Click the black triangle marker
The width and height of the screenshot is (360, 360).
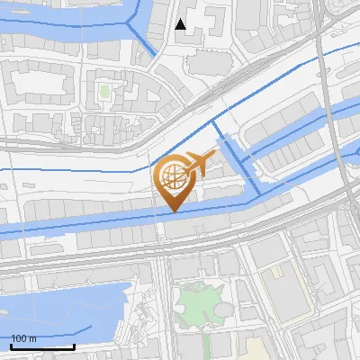point(181,24)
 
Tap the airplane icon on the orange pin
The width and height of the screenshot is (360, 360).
point(200,163)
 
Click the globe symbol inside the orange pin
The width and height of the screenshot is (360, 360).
point(173,175)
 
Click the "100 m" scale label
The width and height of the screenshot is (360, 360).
point(24,338)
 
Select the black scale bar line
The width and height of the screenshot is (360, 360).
point(42,347)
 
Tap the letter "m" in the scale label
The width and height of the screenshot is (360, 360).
point(33,338)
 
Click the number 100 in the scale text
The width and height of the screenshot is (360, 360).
point(19,338)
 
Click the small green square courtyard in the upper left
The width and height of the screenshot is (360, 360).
point(104,91)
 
